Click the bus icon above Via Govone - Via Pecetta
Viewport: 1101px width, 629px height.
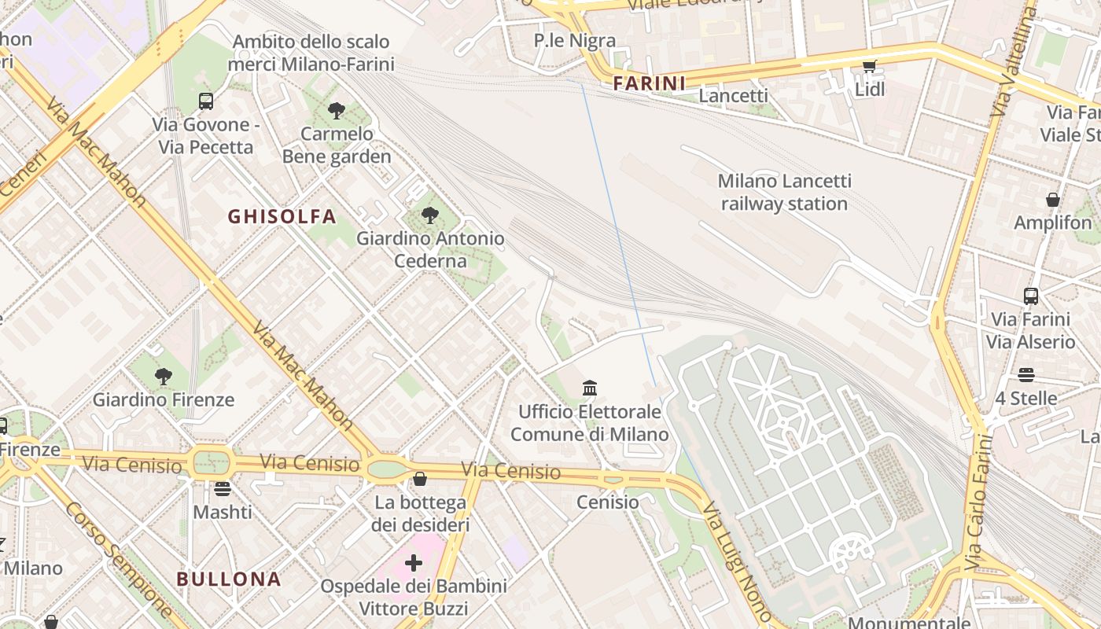[x=205, y=101]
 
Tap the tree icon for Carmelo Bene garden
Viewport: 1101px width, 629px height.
[x=337, y=110]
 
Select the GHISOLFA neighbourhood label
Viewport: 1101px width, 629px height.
[x=282, y=216]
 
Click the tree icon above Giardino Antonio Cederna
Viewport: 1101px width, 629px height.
[x=429, y=215]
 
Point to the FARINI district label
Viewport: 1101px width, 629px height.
[x=649, y=83]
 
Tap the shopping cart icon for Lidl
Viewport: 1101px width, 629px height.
[x=869, y=67]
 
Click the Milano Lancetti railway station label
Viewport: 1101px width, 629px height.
[x=784, y=193]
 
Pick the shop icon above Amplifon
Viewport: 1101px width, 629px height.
[x=1052, y=200]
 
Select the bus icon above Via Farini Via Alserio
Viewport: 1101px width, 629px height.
[x=1030, y=296]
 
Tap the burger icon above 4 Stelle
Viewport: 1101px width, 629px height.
[x=1026, y=375]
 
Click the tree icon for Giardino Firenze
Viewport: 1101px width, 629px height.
[x=164, y=377]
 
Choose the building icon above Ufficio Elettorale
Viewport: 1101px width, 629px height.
[x=589, y=388]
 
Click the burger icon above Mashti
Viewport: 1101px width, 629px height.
[x=223, y=489]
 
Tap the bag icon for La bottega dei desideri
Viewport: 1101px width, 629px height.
[x=420, y=479]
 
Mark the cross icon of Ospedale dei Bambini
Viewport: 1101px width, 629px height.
[x=413, y=563]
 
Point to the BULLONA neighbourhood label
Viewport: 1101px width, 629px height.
[x=228, y=579]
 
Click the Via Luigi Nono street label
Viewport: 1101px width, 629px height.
[x=736, y=562]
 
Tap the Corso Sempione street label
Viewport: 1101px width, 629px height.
[x=118, y=558]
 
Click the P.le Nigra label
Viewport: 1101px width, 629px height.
[x=574, y=40]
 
